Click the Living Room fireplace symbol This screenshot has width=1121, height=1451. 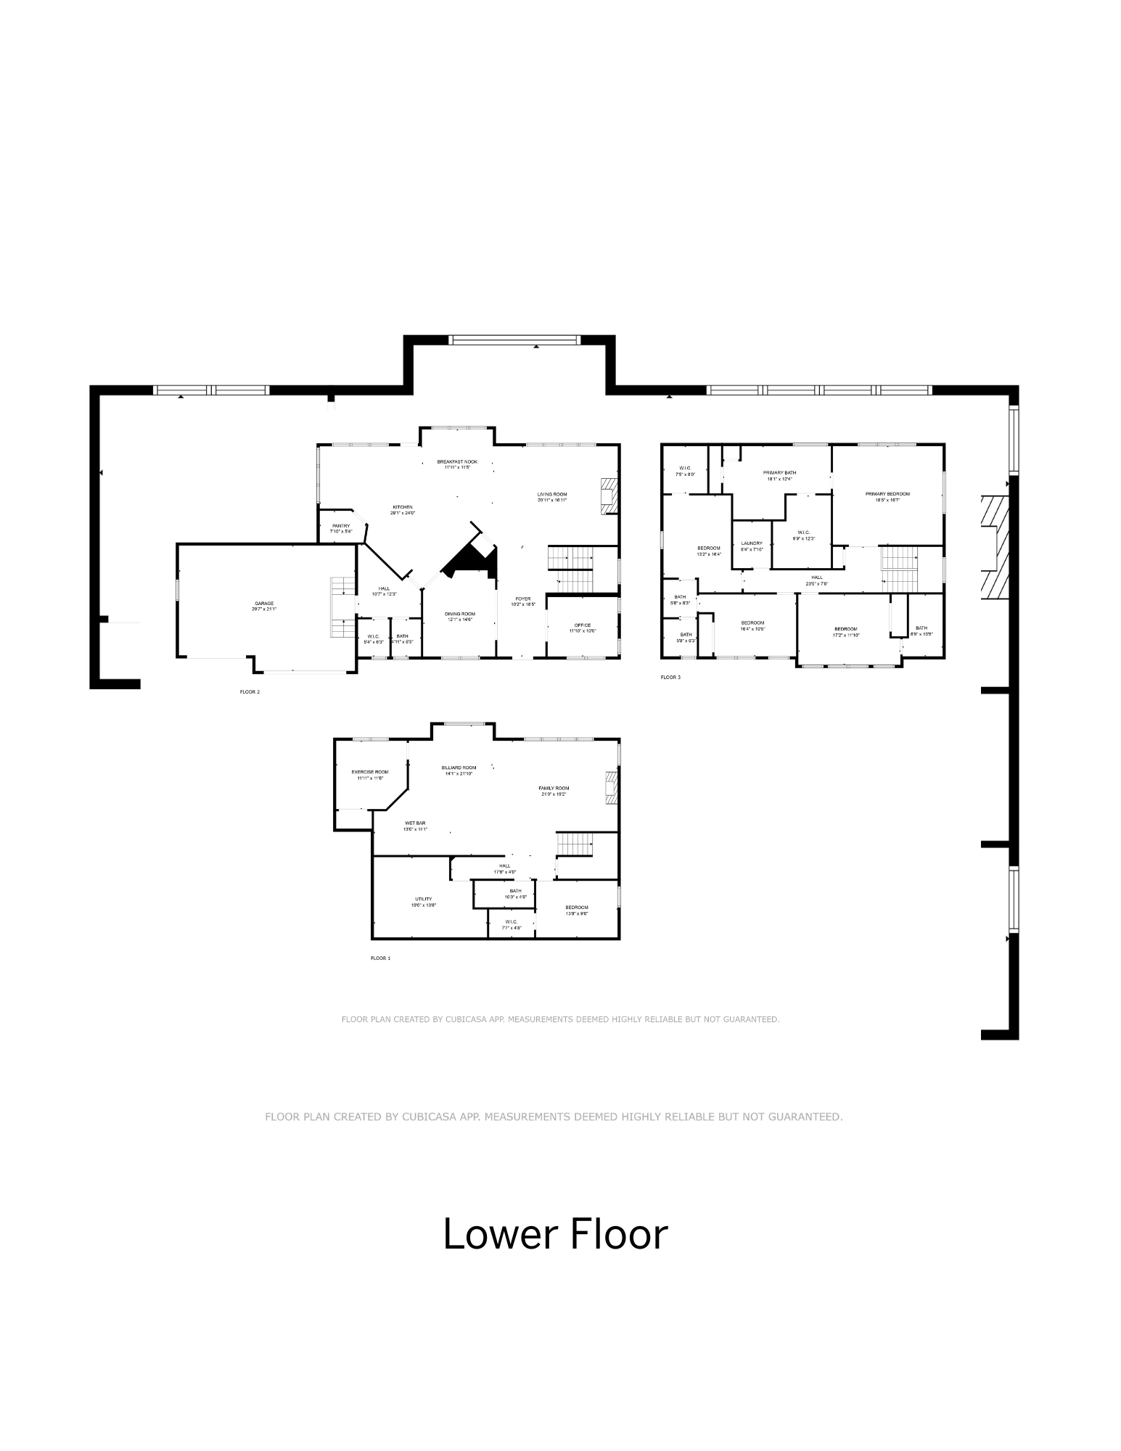pyautogui.click(x=609, y=496)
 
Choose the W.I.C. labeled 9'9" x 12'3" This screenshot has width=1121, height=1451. pyautogui.click(x=803, y=535)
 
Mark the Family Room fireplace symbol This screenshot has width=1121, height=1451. pyautogui.click(x=610, y=789)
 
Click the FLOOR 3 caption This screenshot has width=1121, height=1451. pyautogui.click(x=670, y=678)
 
